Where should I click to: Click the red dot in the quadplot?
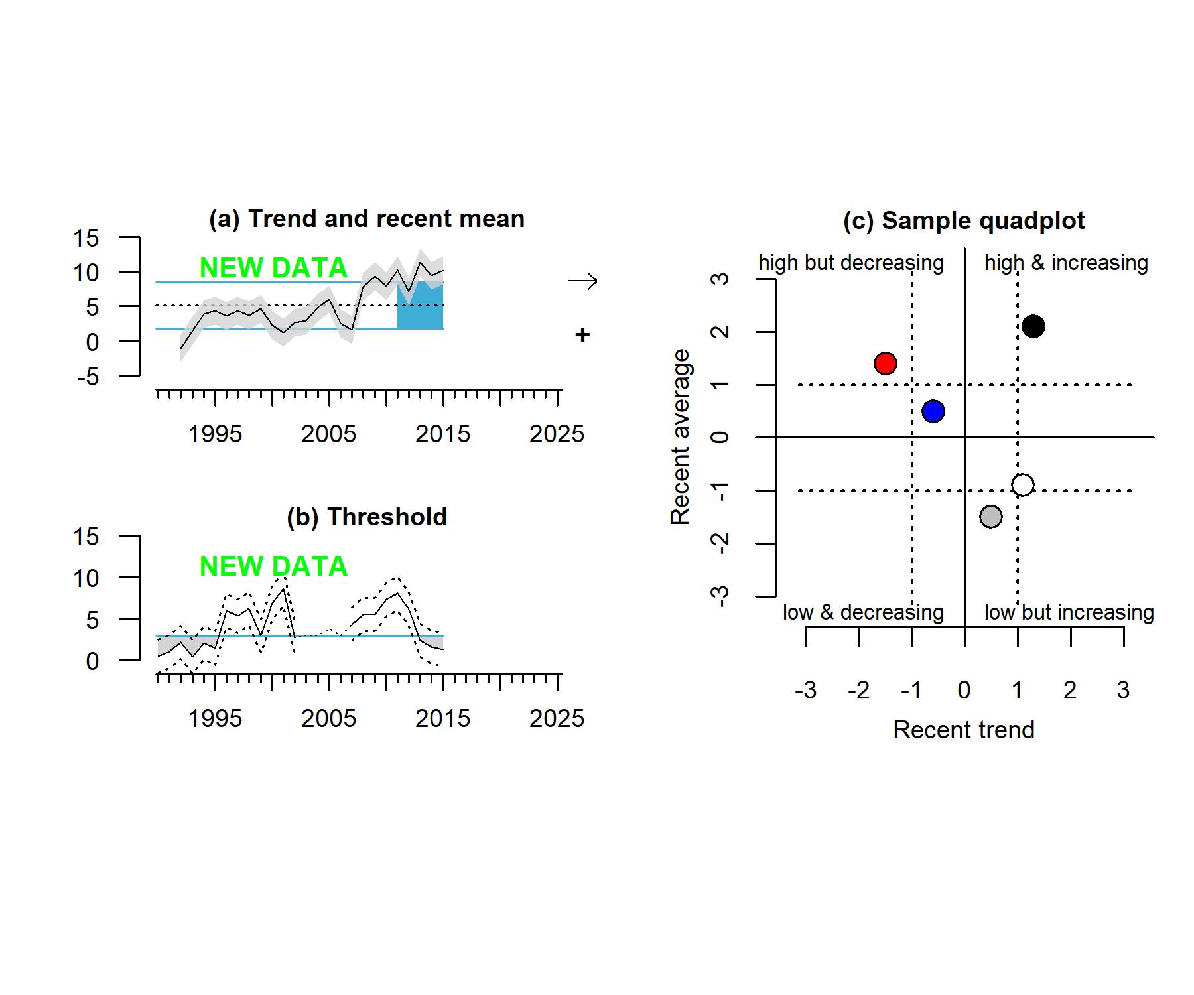click(886, 364)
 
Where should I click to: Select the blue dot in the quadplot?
click(933, 411)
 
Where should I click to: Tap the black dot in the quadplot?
click(1033, 326)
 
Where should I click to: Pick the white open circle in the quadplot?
click(1023, 485)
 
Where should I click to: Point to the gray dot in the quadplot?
click(990, 517)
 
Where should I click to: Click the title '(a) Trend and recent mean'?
click(367, 219)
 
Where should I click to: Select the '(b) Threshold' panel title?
click(367, 517)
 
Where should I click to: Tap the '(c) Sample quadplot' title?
click(964, 221)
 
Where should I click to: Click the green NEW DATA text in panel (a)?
click(273, 268)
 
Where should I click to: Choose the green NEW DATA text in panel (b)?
click(273, 566)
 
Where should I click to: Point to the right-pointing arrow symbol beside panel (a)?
click(582, 281)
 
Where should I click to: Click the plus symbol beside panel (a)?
click(582, 335)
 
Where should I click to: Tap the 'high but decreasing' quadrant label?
click(851, 263)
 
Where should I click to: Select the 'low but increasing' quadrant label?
click(1069, 612)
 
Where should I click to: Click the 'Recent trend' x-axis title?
click(964, 730)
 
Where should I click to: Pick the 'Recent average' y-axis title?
click(681, 437)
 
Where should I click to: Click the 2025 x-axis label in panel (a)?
click(557, 434)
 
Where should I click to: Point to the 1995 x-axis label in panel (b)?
click(215, 718)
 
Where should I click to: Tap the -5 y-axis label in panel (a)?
click(88, 377)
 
